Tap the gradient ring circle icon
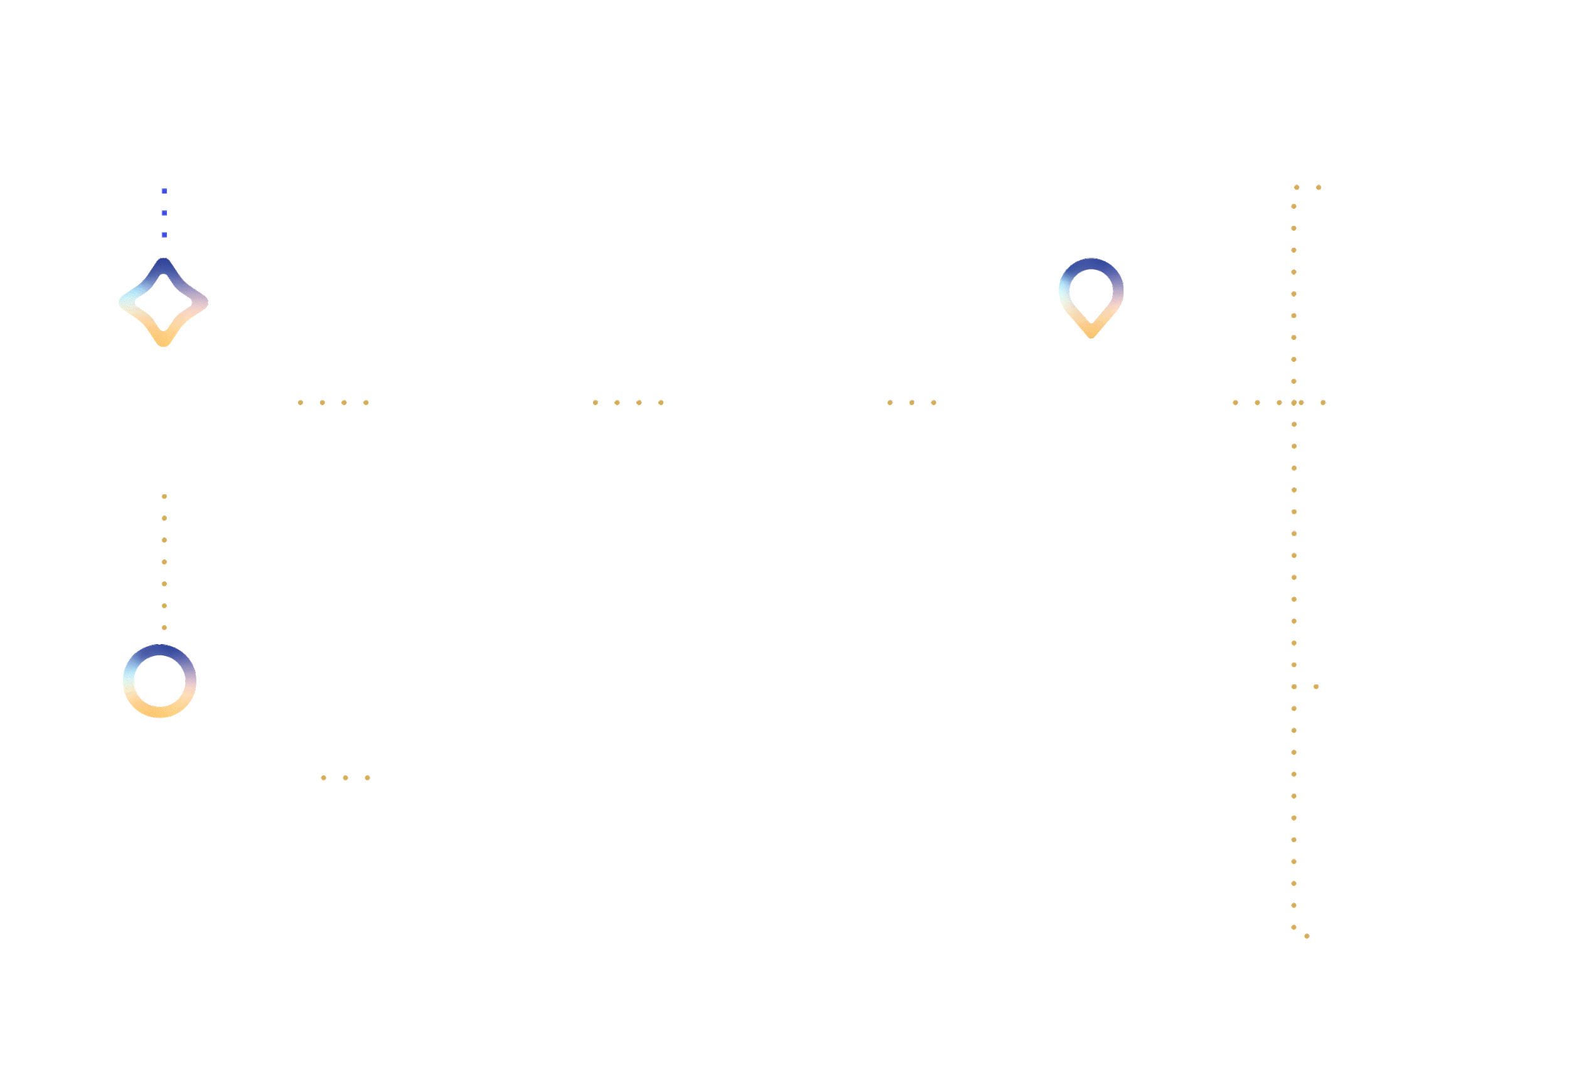(x=160, y=680)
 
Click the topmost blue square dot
(x=164, y=191)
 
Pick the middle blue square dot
(x=164, y=213)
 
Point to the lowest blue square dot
(x=164, y=235)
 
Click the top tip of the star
(x=163, y=262)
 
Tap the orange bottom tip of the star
(x=163, y=342)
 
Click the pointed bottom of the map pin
(x=1091, y=334)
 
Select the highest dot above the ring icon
(x=164, y=497)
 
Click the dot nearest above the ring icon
(x=164, y=627)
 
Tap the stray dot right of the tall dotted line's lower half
(x=1316, y=687)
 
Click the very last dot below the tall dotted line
(x=1307, y=936)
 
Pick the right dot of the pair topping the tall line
(x=1319, y=187)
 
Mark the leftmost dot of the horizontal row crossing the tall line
(x=1235, y=403)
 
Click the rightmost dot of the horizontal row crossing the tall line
(x=1323, y=403)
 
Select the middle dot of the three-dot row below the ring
(x=345, y=778)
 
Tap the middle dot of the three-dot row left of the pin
(x=912, y=403)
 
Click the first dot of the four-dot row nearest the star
(x=301, y=403)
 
